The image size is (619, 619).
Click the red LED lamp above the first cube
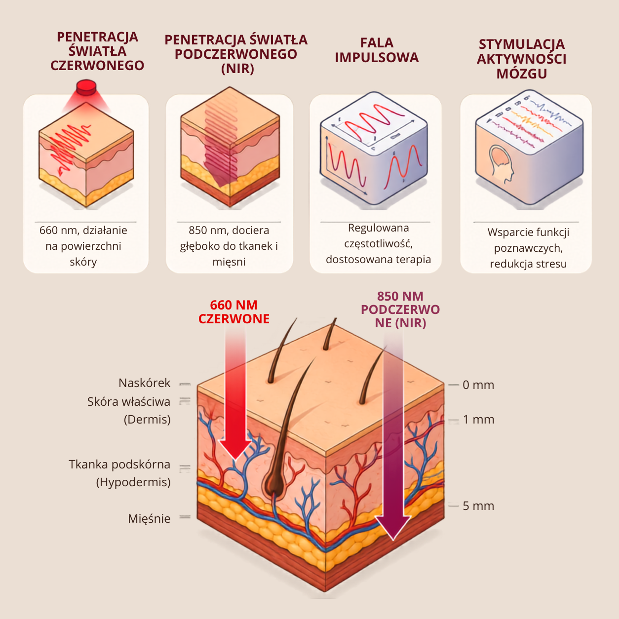(86, 87)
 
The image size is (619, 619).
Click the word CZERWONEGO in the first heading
(97, 66)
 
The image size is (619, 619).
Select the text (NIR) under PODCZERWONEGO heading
(238, 69)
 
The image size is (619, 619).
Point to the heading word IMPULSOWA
(377, 57)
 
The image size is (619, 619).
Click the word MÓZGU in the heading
(522, 74)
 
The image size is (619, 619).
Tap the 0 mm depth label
(478, 385)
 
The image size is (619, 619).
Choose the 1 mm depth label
(478, 420)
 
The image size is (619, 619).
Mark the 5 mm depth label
(478, 506)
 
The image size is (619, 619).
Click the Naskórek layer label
(144, 383)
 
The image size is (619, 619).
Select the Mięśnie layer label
(149, 518)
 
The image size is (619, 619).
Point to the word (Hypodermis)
(133, 482)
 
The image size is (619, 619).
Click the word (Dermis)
(147, 420)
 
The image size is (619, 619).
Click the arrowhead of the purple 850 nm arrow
(393, 528)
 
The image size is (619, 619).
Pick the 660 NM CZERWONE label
(234, 312)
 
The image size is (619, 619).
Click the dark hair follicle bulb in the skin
(273, 481)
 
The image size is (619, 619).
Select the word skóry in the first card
(83, 262)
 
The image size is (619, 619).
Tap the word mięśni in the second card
(229, 262)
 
